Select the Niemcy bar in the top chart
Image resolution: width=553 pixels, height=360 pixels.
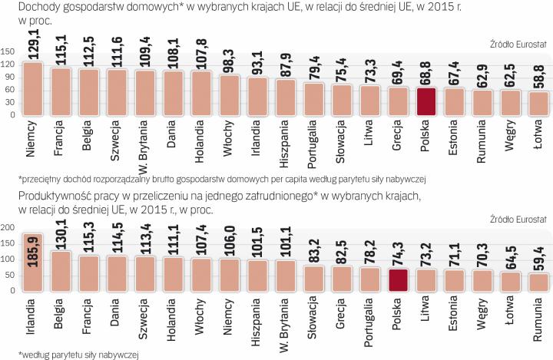[x=33, y=90]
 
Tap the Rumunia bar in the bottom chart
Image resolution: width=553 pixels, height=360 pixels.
[x=537, y=282]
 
